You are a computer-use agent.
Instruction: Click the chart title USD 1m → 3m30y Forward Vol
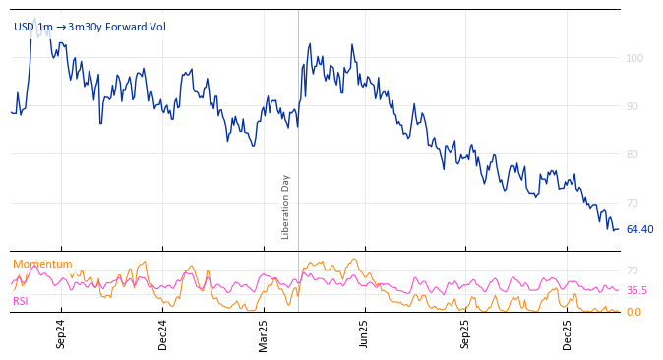point(90,27)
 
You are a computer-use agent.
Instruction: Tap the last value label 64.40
point(639,229)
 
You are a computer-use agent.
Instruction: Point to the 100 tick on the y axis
point(634,58)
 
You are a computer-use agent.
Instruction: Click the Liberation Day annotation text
point(286,207)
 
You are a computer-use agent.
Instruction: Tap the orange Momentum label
point(42,264)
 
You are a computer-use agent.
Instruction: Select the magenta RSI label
point(21,300)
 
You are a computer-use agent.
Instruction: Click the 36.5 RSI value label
point(636,290)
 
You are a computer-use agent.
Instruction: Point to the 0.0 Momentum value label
point(634,312)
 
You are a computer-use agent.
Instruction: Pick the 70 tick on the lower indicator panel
point(633,270)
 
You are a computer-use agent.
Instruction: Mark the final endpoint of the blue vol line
point(618,229)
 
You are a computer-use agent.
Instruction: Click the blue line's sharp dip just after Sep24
point(100,123)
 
